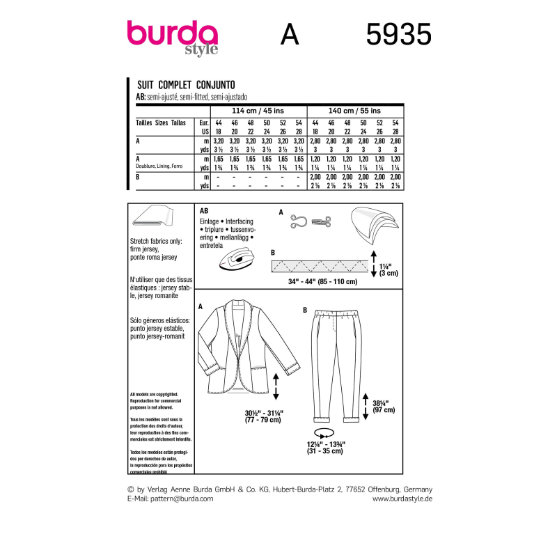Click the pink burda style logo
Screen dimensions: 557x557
coord(172,36)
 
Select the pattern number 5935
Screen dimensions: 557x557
coord(399,34)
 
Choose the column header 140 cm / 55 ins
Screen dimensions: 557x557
coord(354,110)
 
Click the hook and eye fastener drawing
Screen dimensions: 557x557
coord(304,220)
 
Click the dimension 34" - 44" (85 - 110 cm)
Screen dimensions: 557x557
coord(322,281)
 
